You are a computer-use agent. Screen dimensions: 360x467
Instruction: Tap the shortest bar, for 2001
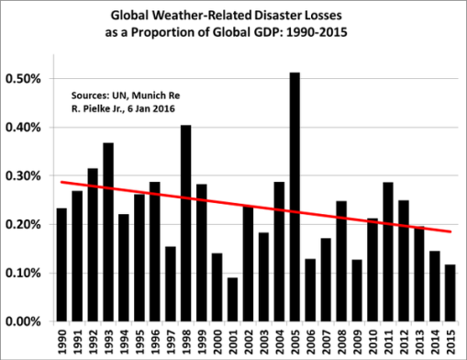(x=232, y=299)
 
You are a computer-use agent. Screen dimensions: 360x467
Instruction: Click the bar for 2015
(x=450, y=293)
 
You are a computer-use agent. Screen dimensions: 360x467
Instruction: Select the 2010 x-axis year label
(x=372, y=342)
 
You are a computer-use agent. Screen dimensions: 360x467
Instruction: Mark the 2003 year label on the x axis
(x=263, y=342)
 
